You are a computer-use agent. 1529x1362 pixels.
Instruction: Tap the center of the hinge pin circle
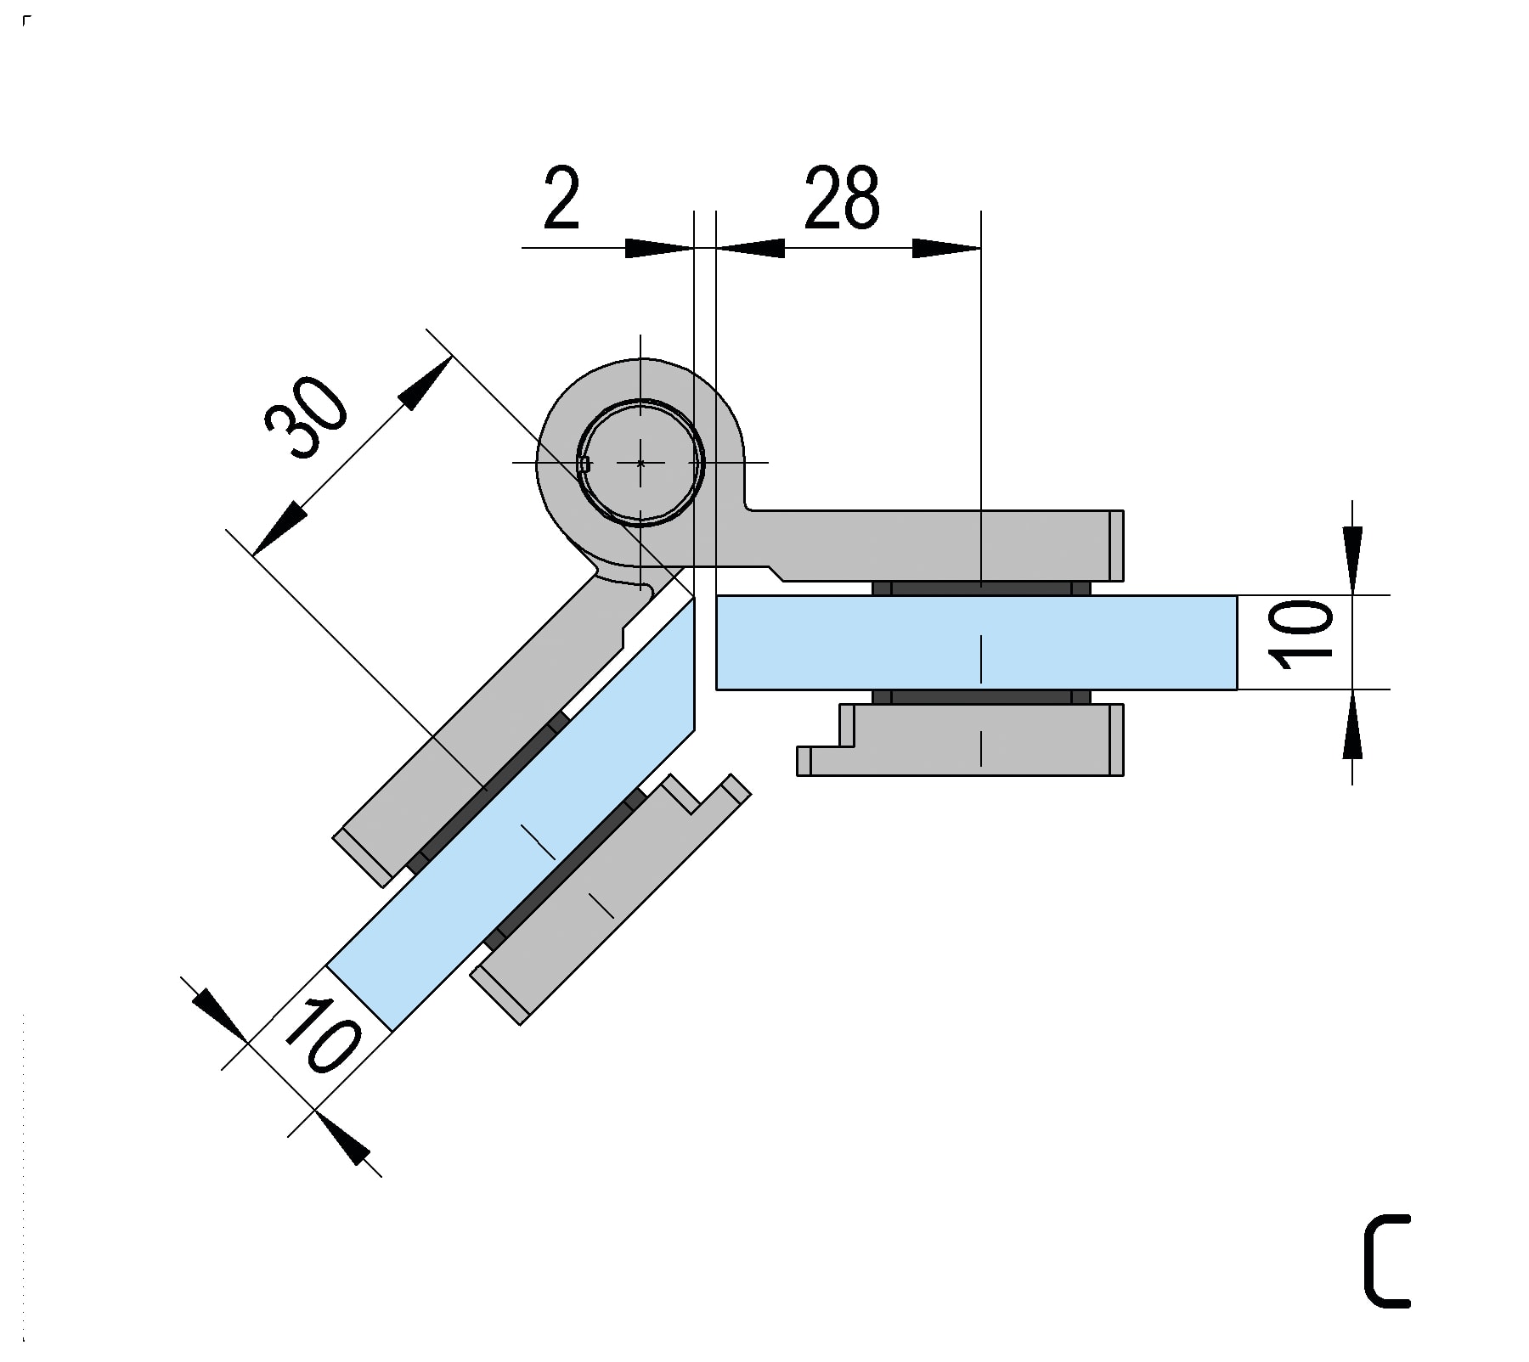[640, 463]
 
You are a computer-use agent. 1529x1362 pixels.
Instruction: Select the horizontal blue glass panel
[977, 642]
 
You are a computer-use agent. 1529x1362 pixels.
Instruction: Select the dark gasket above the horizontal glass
[981, 588]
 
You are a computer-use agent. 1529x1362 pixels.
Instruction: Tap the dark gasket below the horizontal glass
[981, 697]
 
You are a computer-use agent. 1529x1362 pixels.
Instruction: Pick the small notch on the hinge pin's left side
[584, 464]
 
